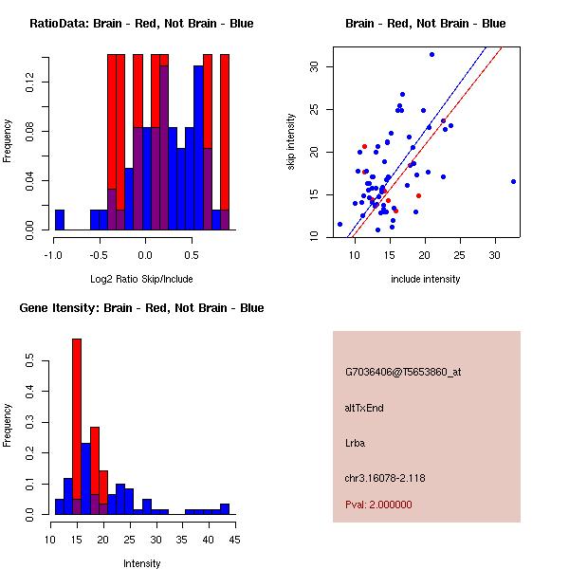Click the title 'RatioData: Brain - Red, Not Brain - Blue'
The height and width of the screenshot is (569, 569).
point(141,24)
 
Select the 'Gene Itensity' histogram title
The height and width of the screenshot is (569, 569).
point(141,308)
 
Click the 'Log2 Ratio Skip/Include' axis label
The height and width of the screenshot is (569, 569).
point(141,279)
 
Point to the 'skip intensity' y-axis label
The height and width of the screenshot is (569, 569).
point(291,142)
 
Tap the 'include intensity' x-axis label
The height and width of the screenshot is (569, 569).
point(426,279)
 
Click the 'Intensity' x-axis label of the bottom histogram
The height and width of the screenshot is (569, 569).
point(141,563)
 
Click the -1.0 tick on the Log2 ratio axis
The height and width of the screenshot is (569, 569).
point(53,255)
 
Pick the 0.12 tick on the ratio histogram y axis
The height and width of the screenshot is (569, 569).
point(30,85)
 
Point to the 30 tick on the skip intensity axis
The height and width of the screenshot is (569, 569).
point(312,66)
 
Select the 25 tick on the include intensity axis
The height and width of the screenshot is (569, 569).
point(459,255)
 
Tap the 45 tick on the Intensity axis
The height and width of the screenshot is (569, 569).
point(234,540)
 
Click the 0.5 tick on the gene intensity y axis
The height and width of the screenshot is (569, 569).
point(30,361)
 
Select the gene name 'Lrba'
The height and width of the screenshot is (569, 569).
point(355,443)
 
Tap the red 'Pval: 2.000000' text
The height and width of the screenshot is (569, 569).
point(378,505)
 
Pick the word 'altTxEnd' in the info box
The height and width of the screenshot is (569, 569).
point(364,408)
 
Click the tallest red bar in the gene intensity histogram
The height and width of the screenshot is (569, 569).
point(77,427)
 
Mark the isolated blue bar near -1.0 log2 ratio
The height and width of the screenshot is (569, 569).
point(59,220)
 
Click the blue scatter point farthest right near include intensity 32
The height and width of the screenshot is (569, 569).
point(513,181)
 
